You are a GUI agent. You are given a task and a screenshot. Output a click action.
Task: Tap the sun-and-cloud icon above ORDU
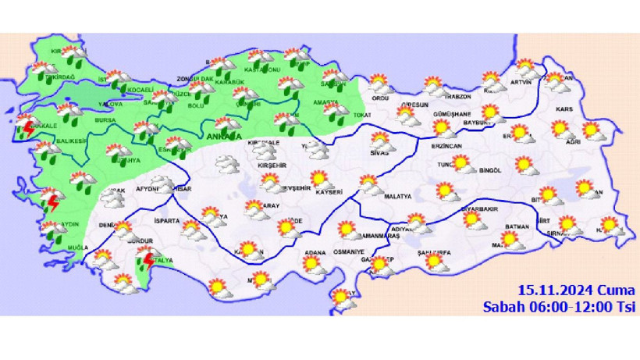point(379,81)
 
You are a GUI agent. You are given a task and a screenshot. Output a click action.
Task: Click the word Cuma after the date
point(617,290)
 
